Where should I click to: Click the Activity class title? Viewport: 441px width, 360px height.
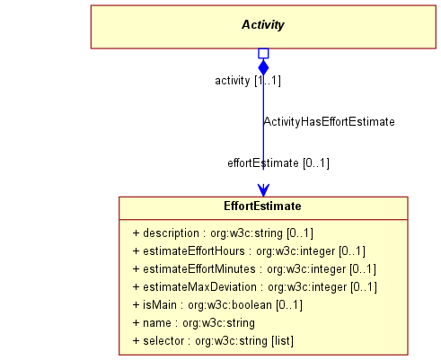point(263,25)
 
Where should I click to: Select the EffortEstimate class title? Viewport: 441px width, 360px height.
point(262,206)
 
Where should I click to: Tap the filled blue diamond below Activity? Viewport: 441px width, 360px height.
point(263,66)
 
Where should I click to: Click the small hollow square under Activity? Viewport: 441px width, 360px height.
point(263,54)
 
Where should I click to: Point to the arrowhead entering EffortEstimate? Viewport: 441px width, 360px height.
point(263,190)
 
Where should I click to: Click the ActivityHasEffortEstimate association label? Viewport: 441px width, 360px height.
point(329,122)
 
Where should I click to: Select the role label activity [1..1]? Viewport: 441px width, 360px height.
point(248,81)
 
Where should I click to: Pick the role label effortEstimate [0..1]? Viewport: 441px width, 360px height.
point(278,163)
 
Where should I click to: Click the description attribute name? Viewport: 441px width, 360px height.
point(171,233)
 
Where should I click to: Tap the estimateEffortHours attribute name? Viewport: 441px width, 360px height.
point(194,251)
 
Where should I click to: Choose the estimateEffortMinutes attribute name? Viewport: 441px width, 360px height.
point(199,269)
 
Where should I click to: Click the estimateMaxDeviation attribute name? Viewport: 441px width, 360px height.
point(199,287)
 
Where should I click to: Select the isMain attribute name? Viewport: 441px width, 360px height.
point(160,305)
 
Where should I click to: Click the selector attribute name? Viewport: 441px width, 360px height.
point(163,341)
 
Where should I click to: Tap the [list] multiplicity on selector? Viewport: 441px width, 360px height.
point(283,341)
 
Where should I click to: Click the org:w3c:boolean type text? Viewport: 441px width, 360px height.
point(230,305)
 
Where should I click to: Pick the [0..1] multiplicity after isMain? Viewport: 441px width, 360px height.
point(289,305)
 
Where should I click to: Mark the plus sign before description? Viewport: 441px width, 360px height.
point(136,233)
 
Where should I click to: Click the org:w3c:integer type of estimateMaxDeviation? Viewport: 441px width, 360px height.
point(307,287)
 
